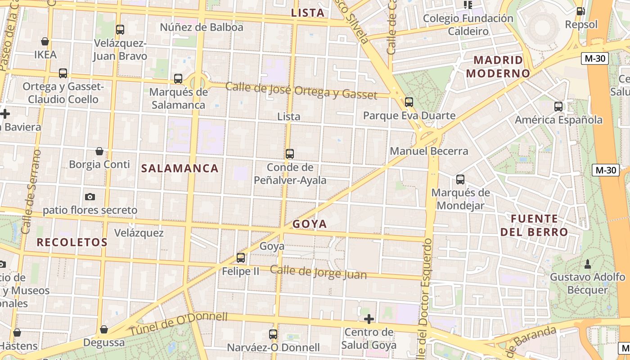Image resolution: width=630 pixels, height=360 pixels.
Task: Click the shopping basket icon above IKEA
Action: point(45,41)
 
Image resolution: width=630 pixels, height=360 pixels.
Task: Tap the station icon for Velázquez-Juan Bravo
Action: point(120,30)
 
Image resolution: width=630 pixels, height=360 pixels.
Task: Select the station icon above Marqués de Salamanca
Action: point(178,79)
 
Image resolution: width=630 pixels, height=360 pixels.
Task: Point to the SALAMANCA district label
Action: point(180,169)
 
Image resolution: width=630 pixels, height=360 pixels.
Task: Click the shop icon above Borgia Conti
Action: point(99,151)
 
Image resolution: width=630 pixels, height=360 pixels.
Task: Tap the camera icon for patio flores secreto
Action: point(90,197)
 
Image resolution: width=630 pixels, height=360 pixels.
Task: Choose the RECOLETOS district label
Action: point(72,243)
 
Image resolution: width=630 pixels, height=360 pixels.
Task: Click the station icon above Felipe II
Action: point(241,258)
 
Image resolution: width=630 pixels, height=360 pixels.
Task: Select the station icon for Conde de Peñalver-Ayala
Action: point(290,154)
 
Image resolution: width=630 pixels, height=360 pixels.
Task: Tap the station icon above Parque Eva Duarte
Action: point(409,102)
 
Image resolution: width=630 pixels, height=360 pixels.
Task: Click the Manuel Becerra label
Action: point(429,151)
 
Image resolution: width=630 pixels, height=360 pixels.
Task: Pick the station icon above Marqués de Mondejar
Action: point(460,180)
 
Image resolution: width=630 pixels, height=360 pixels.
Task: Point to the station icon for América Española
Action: point(558,107)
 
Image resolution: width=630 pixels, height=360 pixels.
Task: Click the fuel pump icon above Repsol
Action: point(581,11)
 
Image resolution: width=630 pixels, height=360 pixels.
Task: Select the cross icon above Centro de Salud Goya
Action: point(369,319)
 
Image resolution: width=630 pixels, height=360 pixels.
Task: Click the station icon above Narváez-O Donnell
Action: point(273,334)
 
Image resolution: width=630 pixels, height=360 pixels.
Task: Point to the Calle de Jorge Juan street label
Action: point(318,272)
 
